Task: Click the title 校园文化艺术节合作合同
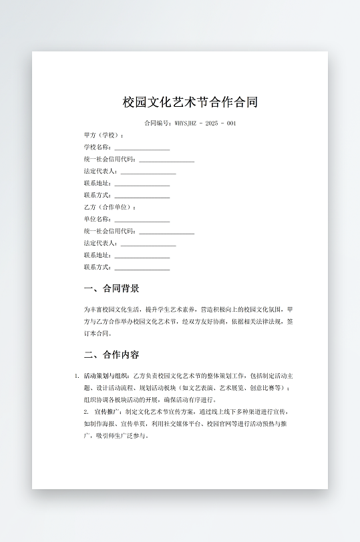point(190,102)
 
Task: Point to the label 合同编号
point(158,123)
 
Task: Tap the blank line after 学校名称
point(142,148)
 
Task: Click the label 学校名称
point(97,148)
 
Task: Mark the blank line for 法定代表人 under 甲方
point(148,172)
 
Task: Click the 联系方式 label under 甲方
point(97,196)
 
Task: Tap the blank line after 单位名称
point(142,220)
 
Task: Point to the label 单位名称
point(97,220)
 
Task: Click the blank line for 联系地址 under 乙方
point(142,256)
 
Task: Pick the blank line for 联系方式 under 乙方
point(142,268)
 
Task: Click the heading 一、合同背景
point(112,289)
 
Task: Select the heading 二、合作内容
point(112,354)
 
